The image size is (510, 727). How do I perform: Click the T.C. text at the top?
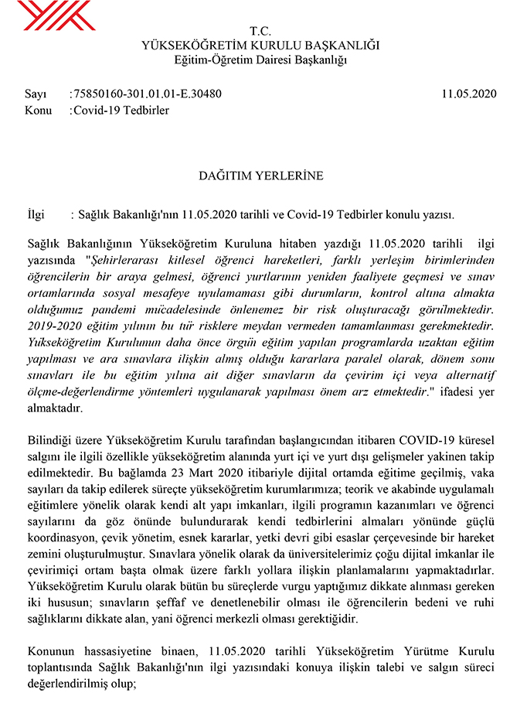[x=260, y=31]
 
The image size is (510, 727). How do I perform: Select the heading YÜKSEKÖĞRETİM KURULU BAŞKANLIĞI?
[x=260, y=45]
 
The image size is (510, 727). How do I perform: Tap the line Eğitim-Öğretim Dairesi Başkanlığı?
[x=260, y=59]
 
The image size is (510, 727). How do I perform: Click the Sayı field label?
[x=35, y=94]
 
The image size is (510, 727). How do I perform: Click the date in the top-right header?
[x=468, y=94]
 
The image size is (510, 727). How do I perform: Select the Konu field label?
[x=38, y=110]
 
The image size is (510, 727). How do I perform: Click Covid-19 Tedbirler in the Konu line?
[x=121, y=110]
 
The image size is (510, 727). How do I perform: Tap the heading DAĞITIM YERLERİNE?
[x=260, y=176]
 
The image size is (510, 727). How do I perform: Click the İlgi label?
[x=36, y=214]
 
